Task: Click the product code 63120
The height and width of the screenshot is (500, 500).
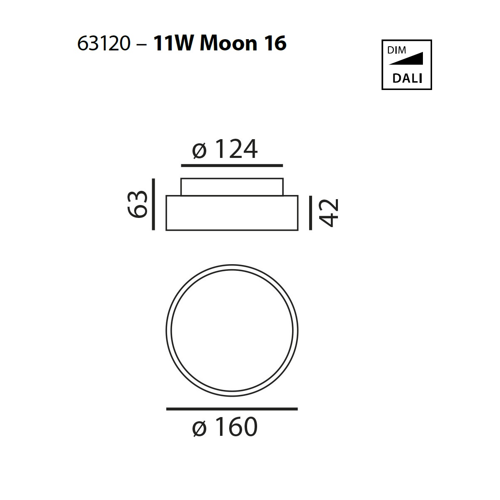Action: pos(103,43)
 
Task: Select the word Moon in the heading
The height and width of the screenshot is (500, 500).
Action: pos(229,43)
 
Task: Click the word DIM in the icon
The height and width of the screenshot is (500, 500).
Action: pos(397,50)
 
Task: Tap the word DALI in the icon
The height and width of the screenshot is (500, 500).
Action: pos(407,78)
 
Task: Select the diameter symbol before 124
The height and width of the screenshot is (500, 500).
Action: pos(199,151)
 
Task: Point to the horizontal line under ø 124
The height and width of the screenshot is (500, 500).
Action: pos(232,165)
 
